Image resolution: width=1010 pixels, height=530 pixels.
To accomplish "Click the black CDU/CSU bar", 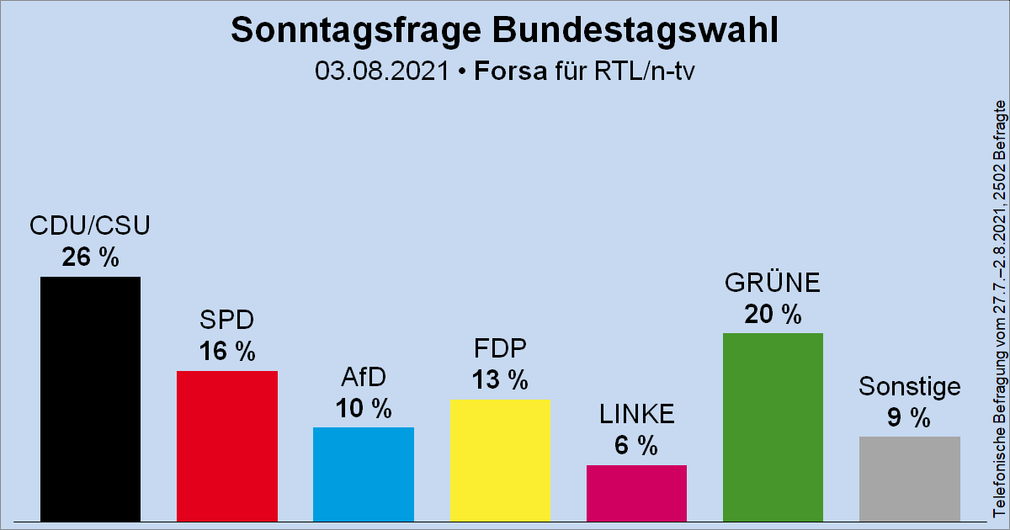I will coord(91,399).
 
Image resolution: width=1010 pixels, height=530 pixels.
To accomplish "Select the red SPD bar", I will coord(227,446).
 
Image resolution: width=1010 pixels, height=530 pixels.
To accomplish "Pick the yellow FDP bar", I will coord(500,460).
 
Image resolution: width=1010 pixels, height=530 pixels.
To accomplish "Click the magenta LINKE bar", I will coord(636,493).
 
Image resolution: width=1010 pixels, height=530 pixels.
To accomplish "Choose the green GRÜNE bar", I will coord(773,427).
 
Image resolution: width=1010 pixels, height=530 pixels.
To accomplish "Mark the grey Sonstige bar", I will coord(909,479).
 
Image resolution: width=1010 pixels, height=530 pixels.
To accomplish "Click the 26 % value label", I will coord(91,257).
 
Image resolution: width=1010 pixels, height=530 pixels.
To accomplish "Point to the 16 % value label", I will coord(227,352).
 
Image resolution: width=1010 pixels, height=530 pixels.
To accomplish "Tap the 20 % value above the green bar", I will coord(773,314).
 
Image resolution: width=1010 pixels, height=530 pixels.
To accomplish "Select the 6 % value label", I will coord(636,446).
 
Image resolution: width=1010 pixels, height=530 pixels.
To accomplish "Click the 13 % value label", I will coord(500,380).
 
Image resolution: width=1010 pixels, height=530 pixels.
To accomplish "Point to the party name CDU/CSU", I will coord(90,226).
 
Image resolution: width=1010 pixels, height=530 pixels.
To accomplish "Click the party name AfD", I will coord(364,377).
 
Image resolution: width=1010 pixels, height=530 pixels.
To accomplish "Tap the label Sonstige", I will coord(909,386).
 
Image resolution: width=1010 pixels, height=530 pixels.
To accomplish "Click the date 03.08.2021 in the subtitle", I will coord(383,71).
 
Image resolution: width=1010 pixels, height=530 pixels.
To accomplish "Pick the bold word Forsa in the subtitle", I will coord(509,71).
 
